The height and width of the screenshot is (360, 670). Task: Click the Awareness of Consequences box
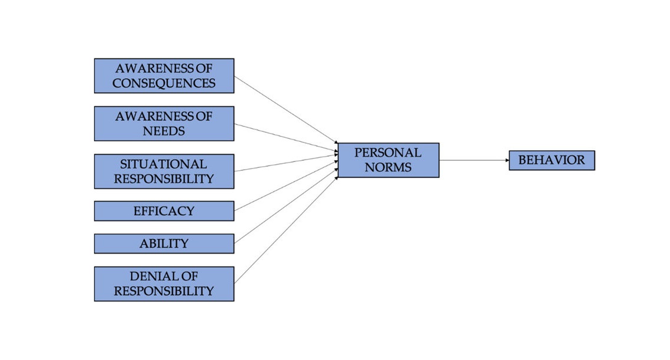point(164,76)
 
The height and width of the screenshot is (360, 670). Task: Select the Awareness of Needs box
point(164,124)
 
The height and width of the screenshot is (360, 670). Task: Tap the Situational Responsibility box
point(164,171)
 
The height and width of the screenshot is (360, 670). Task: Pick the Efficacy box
point(164,211)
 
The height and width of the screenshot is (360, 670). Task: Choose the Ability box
point(164,244)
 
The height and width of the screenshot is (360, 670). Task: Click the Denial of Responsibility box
point(164,284)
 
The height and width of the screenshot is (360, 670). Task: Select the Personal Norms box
point(388,160)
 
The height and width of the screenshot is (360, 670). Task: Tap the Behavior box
point(552,160)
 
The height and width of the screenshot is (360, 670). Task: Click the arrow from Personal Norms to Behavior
point(474,160)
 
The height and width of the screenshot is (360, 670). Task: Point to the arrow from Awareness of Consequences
point(287,110)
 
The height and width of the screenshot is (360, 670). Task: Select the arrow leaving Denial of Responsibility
point(287,230)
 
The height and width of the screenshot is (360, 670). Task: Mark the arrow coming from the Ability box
point(287,206)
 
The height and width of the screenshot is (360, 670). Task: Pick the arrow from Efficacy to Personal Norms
point(287,186)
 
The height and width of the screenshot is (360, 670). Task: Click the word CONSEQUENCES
point(164,83)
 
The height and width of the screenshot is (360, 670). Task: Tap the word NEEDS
point(164,131)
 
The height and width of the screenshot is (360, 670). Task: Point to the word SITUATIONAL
point(164,164)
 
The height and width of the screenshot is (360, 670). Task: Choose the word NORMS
point(388,167)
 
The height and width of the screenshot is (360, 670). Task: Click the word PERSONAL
point(388,153)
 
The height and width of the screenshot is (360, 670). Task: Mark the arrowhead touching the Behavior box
point(507,160)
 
